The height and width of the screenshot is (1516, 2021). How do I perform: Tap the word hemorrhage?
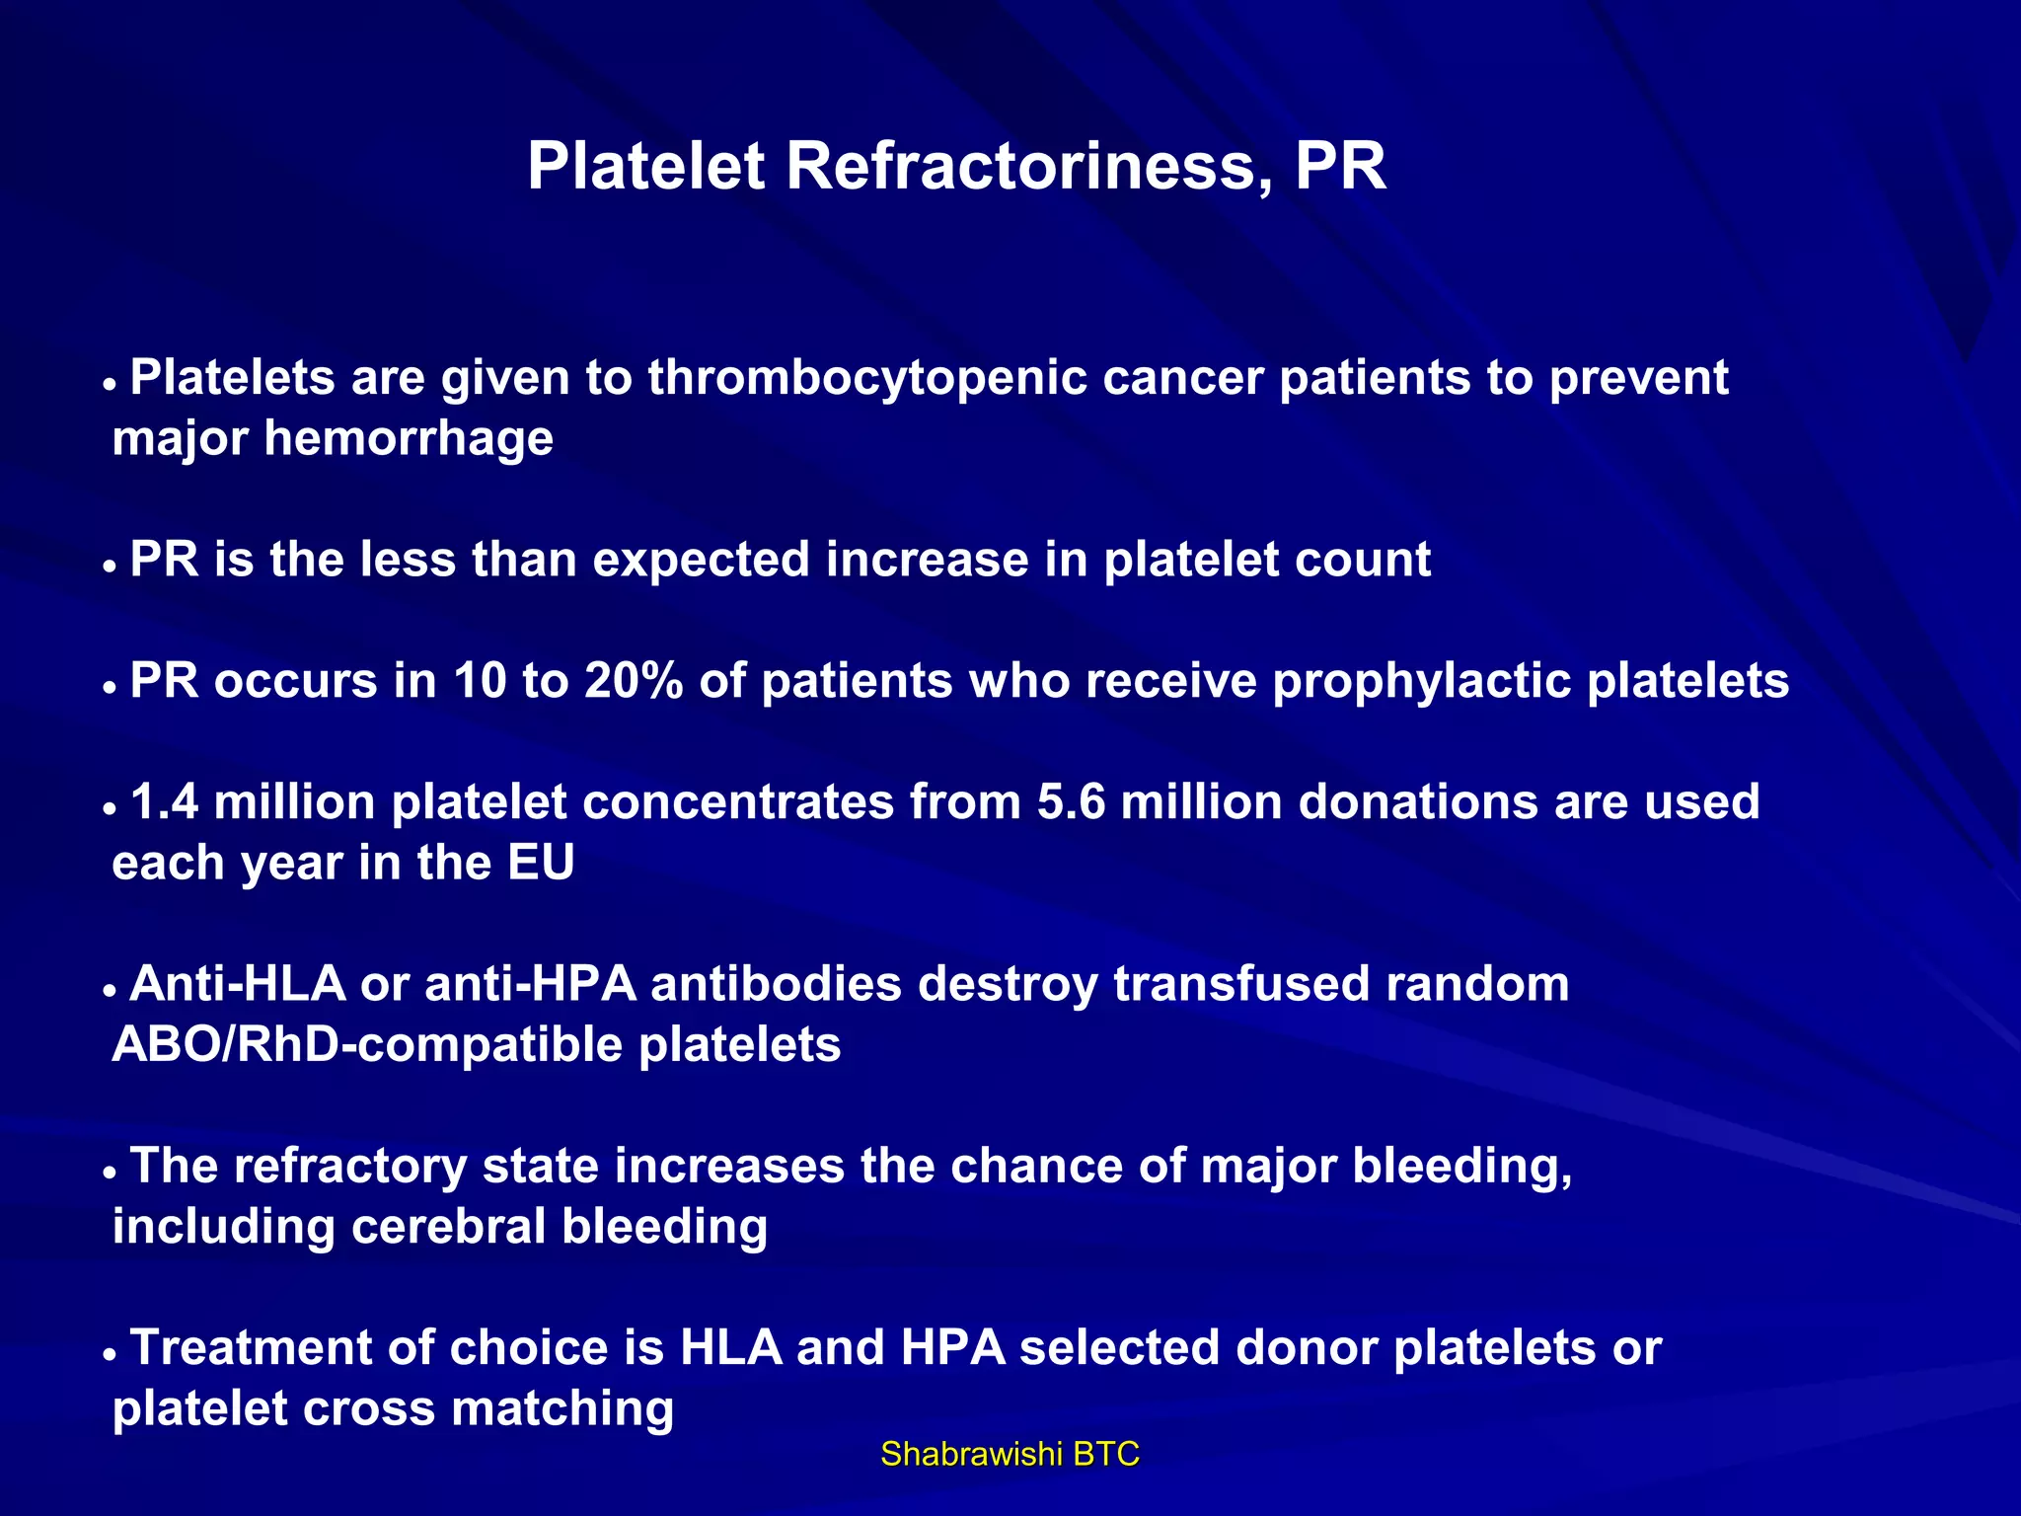point(408,438)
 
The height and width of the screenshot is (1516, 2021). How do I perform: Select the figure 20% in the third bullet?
point(634,681)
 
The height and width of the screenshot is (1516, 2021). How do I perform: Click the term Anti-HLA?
point(238,984)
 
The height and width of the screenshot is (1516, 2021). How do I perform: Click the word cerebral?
point(448,1227)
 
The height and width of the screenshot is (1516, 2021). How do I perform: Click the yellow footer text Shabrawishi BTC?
point(1010,1454)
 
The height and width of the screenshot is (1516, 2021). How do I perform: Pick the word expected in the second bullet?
point(701,561)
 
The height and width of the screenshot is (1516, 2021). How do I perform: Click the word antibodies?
point(776,984)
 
